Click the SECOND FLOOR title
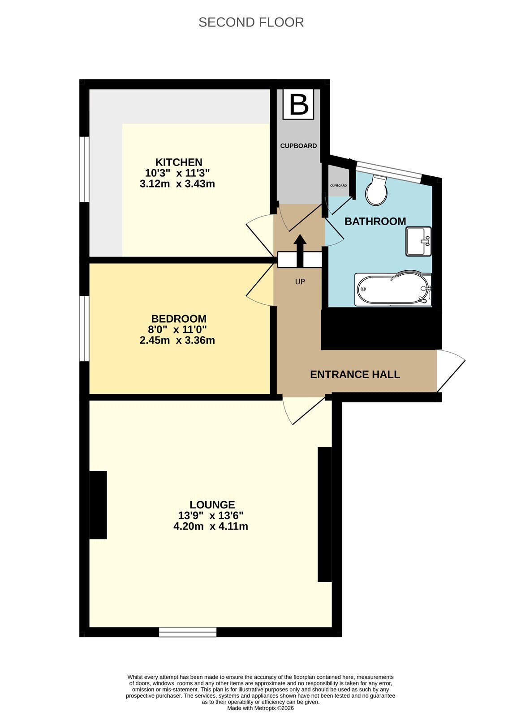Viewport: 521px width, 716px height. point(251,22)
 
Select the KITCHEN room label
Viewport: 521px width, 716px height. point(179,162)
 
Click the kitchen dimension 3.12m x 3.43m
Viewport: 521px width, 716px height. point(177,184)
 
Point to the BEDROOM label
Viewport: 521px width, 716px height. point(179,319)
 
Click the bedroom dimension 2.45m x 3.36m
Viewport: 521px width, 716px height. point(177,340)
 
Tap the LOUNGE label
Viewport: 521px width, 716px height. point(212,505)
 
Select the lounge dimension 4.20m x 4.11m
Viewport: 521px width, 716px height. point(211,526)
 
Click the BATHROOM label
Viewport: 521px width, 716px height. point(375,221)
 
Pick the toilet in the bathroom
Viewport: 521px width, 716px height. point(376,191)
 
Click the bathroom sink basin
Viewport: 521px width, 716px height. point(418,241)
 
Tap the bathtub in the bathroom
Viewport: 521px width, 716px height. point(393,289)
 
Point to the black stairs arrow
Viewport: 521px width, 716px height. point(300,251)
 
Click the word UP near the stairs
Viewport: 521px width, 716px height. point(300,281)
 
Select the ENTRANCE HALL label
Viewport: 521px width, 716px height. point(355,374)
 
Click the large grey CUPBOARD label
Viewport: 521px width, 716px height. point(298,146)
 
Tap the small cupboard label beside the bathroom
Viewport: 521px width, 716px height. point(338,185)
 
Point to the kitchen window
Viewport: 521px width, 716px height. point(84,170)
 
